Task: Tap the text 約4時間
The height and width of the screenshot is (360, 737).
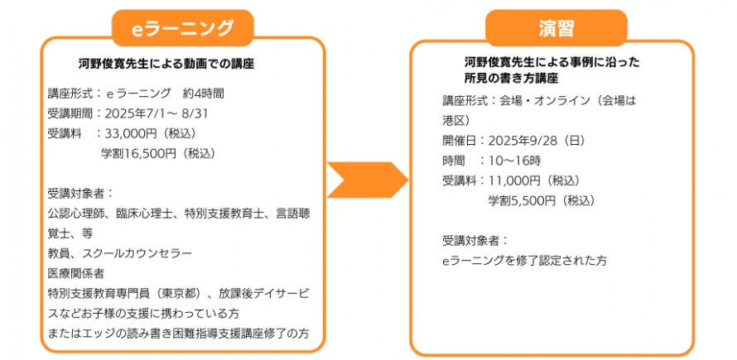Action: pos(205,94)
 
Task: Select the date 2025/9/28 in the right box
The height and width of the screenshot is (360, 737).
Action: pos(519,140)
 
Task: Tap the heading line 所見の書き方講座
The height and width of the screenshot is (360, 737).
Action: pos(511,78)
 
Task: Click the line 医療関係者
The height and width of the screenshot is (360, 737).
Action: pos(76,272)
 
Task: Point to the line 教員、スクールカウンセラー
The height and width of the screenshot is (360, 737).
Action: pos(120,252)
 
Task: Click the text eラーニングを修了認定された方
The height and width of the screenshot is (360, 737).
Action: pos(524,260)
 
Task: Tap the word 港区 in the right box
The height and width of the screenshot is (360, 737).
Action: pos(454,119)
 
